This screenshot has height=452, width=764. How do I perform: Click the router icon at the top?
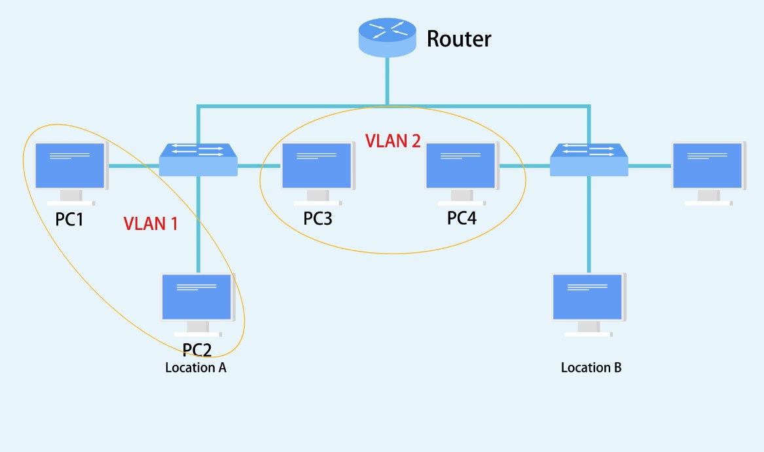coord(388,37)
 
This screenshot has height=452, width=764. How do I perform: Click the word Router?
coord(458,39)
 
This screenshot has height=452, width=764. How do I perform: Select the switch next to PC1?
coord(198,159)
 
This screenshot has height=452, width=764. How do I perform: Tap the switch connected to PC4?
coord(589,159)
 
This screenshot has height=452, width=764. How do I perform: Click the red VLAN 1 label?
coord(151,223)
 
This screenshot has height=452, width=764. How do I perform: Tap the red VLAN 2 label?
coord(393,141)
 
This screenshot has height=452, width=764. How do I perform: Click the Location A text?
coord(196,367)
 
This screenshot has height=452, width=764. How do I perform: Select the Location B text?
coord(591,367)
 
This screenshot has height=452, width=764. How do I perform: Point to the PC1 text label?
coord(69,219)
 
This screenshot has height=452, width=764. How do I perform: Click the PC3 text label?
coord(318,219)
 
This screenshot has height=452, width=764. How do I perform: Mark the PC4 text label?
coord(462,219)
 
